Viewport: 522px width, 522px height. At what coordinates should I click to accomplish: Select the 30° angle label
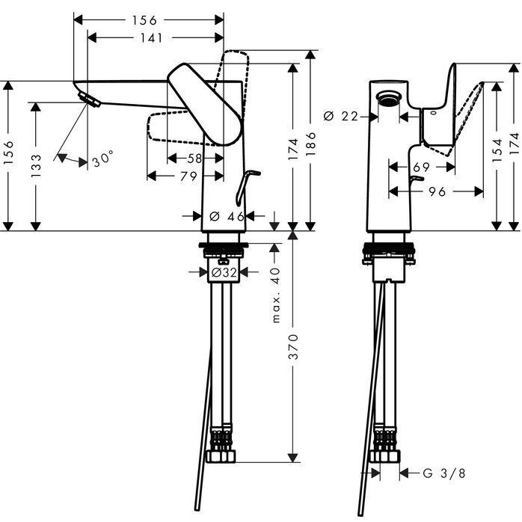coord(102,159)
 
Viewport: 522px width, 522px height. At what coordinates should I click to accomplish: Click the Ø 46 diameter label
coord(227,216)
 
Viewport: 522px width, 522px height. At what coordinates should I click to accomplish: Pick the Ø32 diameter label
coord(224,273)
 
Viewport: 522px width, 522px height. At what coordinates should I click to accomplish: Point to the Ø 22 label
coord(341,116)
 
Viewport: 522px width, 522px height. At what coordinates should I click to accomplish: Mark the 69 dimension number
coord(421,168)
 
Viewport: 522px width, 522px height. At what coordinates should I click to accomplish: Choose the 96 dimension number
coord(438,192)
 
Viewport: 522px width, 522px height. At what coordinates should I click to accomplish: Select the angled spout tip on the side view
coord(88,100)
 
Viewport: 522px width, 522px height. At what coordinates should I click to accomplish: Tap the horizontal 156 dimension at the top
coord(150,20)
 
